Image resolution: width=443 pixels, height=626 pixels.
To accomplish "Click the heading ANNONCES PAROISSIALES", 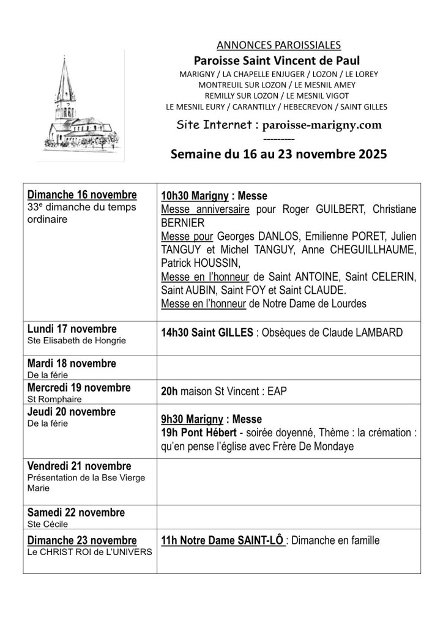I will click(x=278, y=45).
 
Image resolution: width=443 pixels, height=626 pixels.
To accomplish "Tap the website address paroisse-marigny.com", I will click(x=322, y=125).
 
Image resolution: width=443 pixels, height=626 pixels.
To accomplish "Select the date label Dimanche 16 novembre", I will click(x=82, y=195).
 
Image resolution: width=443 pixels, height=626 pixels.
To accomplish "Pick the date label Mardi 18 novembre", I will click(x=72, y=363).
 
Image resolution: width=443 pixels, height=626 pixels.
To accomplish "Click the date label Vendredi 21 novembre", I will click(x=80, y=466).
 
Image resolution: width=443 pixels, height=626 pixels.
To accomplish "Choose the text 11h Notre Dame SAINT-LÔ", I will click(x=222, y=540).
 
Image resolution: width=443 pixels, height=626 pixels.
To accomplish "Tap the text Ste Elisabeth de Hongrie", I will click(x=76, y=340).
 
